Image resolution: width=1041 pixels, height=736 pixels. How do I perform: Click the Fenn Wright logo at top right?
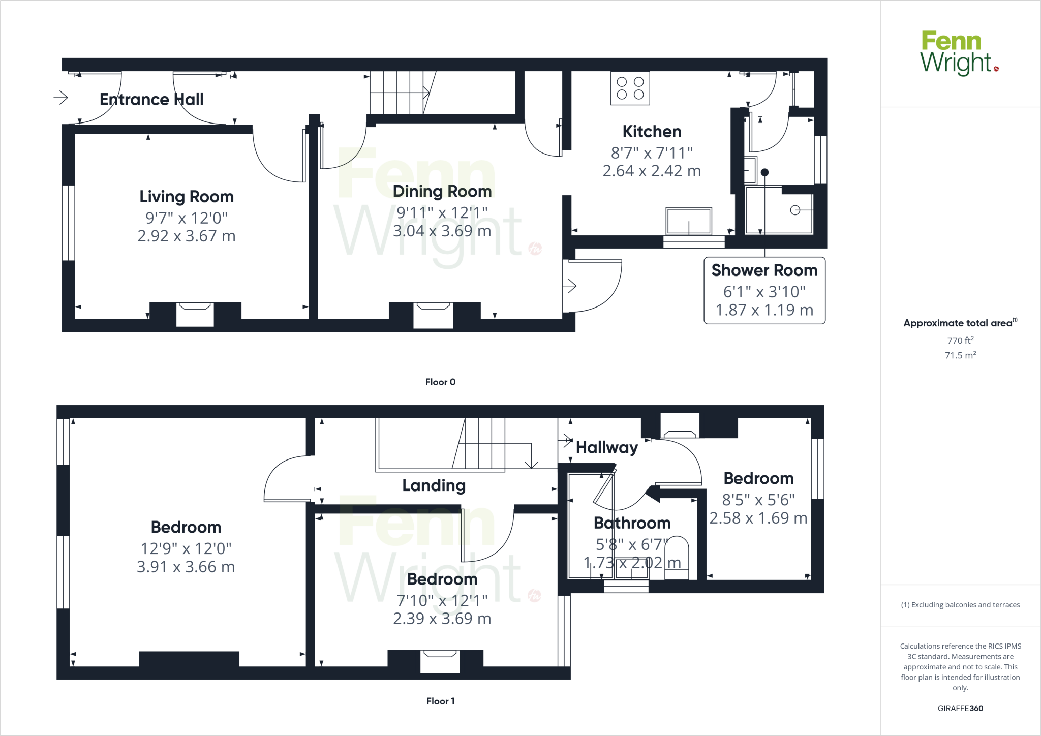tap(958, 53)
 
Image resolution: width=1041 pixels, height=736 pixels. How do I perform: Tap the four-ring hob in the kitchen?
tap(630, 88)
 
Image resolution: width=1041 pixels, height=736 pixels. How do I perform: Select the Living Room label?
tap(187, 197)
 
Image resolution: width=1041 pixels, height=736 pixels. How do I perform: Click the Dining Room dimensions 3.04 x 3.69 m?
tap(442, 231)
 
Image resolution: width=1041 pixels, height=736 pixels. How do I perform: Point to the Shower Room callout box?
tap(764, 290)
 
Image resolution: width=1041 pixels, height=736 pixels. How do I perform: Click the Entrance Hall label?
tap(151, 99)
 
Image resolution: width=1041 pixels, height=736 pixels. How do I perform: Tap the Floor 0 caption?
tap(440, 382)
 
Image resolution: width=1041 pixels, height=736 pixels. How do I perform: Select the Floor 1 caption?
tap(440, 701)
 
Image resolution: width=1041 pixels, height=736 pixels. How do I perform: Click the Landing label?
tap(434, 485)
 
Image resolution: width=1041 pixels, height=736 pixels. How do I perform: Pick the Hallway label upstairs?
tap(606, 447)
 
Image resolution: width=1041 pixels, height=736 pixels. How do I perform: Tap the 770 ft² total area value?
tap(960, 340)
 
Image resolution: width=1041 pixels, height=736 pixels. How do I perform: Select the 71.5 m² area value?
tap(960, 355)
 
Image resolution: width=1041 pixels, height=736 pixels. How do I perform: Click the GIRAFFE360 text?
tap(960, 708)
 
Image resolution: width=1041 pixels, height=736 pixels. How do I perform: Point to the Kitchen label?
tap(652, 132)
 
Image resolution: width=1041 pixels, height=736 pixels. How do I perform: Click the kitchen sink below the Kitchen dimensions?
tap(689, 221)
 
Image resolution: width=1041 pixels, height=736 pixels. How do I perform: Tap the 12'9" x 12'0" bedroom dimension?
tap(186, 548)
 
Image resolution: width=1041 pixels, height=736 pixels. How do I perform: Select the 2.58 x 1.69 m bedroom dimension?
tap(758, 518)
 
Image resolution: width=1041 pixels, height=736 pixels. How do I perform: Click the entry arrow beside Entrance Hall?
tap(61, 97)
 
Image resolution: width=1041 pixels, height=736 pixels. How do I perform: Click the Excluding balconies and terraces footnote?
tap(960, 605)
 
